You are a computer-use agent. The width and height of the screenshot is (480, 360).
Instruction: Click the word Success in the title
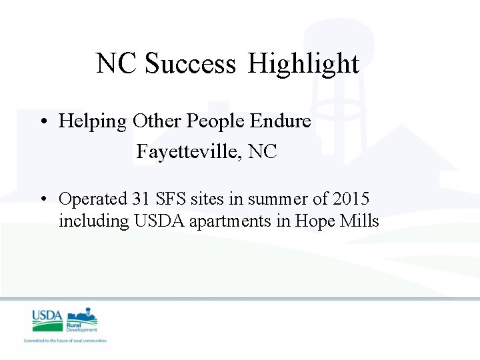190,64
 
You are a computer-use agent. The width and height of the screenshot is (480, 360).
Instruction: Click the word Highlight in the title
304,64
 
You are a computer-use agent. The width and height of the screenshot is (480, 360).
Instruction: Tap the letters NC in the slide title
117,64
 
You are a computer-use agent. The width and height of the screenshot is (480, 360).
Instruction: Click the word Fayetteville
189,152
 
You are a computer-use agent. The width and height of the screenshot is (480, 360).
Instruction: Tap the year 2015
351,199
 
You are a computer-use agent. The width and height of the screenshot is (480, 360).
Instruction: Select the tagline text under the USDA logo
65,341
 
